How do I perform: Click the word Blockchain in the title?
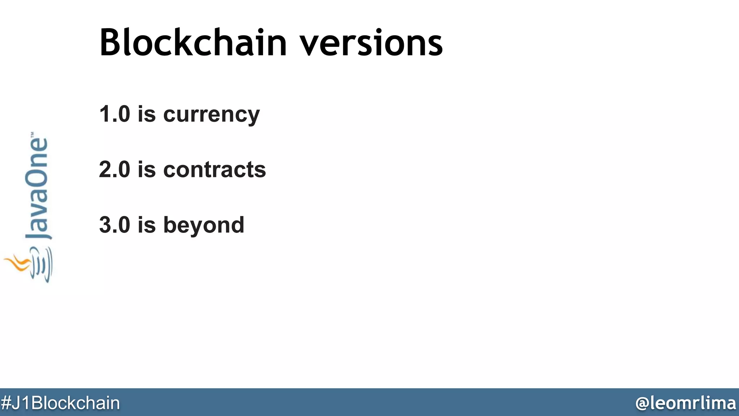[193, 43]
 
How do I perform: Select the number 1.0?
[114, 114]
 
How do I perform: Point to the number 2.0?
[114, 169]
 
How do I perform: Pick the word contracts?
[214, 169]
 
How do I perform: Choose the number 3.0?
[114, 225]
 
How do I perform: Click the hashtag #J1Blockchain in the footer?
[60, 403]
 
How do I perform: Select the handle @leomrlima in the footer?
[685, 403]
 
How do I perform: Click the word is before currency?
[147, 114]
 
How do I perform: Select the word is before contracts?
[147, 169]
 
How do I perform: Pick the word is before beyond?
[147, 225]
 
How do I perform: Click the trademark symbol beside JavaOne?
[32, 134]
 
